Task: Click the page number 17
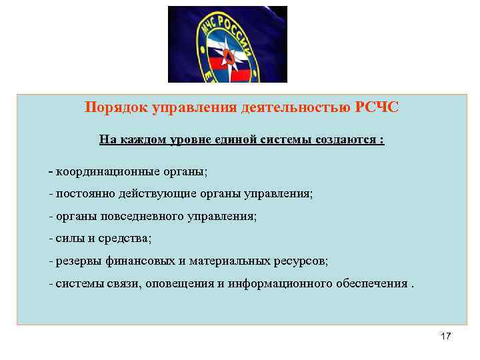click(446, 336)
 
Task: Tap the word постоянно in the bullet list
click(83, 194)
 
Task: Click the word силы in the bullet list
click(69, 238)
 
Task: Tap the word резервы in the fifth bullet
click(79, 261)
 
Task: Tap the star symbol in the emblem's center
click(227, 53)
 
